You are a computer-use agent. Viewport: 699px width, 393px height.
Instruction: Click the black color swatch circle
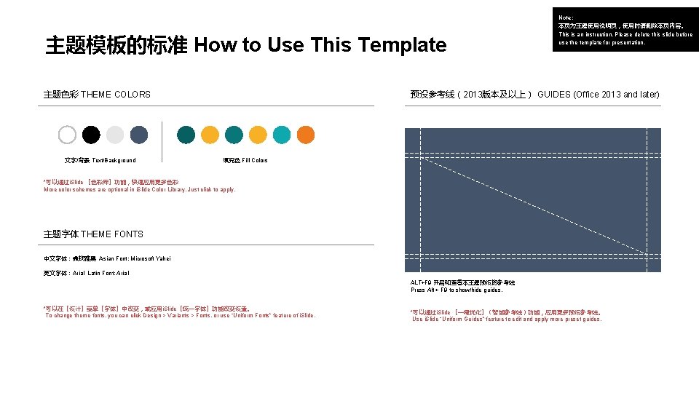(91, 135)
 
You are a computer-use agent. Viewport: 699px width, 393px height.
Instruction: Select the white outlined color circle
(67, 135)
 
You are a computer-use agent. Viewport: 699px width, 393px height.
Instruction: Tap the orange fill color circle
(306, 135)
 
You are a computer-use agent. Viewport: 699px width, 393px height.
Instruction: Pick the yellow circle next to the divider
(210, 135)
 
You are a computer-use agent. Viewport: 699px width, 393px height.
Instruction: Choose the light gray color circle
(115, 135)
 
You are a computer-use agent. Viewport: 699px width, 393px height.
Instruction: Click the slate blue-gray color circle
(139, 135)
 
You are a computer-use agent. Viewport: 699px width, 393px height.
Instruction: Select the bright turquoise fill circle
(282, 135)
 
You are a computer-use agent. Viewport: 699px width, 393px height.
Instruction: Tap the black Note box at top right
(625, 30)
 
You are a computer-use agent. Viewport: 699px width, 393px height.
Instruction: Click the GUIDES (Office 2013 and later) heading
(598, 95)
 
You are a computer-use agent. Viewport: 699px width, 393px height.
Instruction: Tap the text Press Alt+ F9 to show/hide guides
(457, 290)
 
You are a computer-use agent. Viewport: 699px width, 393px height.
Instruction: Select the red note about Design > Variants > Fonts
(181, 315)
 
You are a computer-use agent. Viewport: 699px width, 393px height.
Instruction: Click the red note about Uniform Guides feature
(507, 319)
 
